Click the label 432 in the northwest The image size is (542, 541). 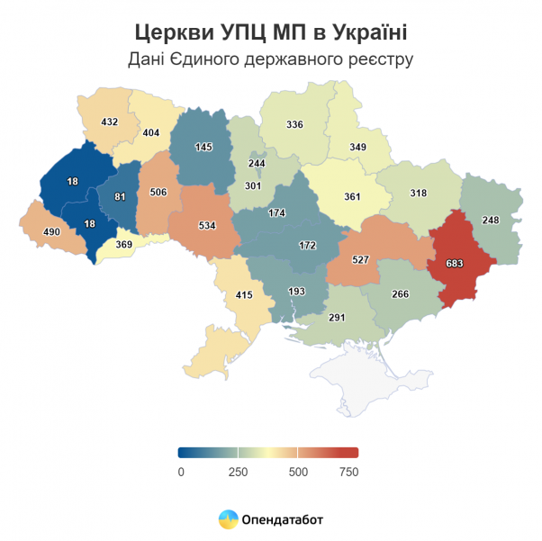[x=110, y=122]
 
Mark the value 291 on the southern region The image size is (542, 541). [x=337, y=317]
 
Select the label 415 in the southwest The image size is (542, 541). [x=245, y=294]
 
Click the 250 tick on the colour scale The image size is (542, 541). [x=238, y=472]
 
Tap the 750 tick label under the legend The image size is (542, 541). [x=348, y=472]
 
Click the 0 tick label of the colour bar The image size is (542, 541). [x=181, y=472]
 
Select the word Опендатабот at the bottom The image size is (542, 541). [x=283, y=519]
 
